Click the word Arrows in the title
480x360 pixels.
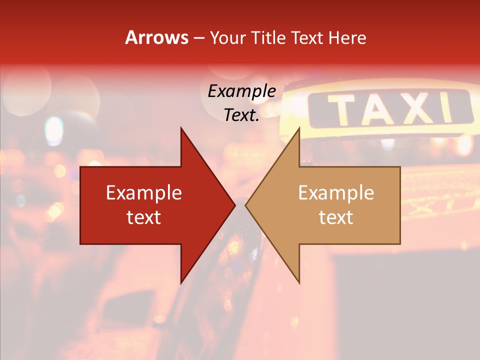point(156,37)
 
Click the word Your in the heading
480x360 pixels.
point(228,37)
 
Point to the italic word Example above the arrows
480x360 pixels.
point(241,91)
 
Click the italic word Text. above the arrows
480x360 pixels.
point(241,115)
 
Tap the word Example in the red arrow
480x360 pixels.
point(144,192)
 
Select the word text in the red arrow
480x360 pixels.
point(144,217)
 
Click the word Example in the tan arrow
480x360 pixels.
point(336,192)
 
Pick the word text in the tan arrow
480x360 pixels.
point(336,217)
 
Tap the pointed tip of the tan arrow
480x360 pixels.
point(246,205)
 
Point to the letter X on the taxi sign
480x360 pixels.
point(418,109)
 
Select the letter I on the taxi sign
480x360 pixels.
point(447,108)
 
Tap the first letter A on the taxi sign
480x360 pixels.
point(381,109)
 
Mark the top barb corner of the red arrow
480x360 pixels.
point(181,128)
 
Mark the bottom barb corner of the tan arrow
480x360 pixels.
point(299,283)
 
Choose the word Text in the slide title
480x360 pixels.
point(306,37)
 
